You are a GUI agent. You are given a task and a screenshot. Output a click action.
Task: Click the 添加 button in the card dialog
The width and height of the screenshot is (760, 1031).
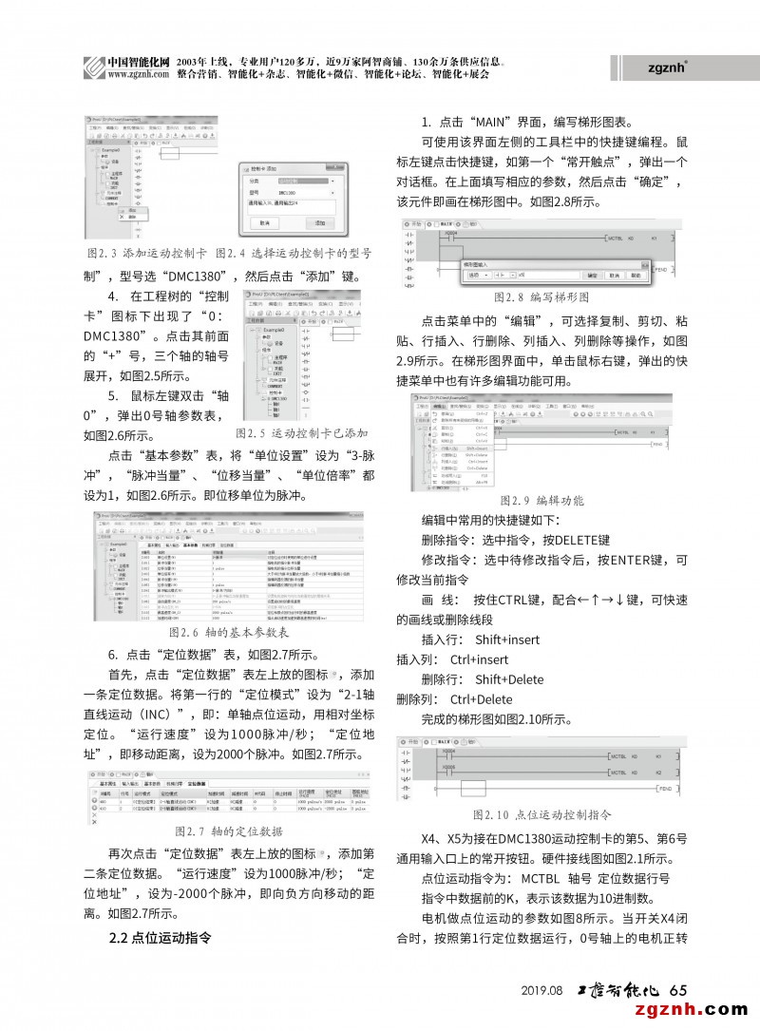pyautogui.click(x=319, y=223)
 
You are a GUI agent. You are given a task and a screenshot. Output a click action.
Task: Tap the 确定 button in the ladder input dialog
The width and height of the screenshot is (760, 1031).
pyautogui.click(x=594, y=275)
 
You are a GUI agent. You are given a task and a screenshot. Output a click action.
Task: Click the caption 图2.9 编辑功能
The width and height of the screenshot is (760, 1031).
pyautogui.click(x=541, y=501)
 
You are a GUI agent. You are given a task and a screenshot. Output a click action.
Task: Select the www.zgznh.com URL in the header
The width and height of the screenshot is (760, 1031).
pyautogui.click(x=132, y=72)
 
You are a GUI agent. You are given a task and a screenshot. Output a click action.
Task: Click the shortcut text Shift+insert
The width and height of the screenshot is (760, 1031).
pyautogui.click(x=507, y=640)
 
